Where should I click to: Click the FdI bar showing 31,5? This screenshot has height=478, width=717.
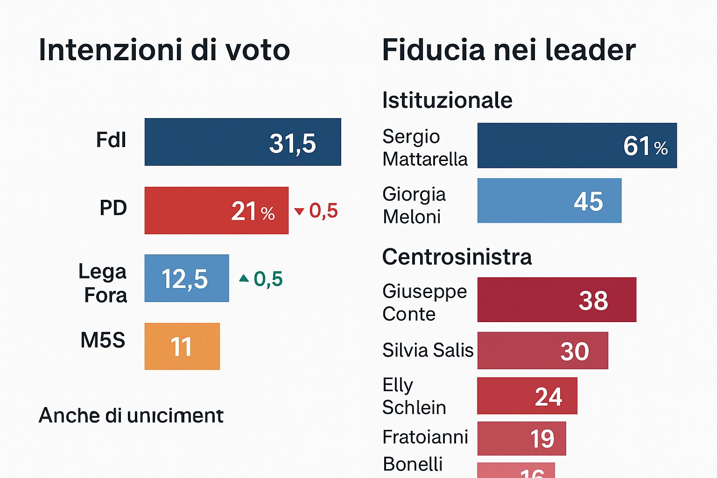click(x=243, y=142)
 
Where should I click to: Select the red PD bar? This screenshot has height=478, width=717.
click(x=216, y=211)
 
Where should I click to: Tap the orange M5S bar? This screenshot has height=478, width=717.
click(x=182, y=346)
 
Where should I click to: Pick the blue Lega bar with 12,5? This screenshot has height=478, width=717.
click(x=187, y=278)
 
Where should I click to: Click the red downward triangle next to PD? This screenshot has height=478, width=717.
click(x=299, y=211)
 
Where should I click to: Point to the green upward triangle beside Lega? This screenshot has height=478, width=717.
click(x=244, y=278)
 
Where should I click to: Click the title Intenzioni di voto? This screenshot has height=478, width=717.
click(x=164, y=50)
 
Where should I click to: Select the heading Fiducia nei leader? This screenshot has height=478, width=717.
click(x=509, y=50)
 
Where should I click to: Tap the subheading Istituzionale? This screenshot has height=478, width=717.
click(x=447, y=100)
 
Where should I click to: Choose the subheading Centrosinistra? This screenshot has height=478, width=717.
click(x=457, y=257)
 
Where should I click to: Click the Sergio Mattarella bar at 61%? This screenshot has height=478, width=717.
click(x=577, y=146)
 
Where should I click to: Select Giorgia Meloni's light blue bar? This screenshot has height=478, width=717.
click(x=549, y=201)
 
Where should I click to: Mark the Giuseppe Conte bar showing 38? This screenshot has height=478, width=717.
click(x=556, y=300)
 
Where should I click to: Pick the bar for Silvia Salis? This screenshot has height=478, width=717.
click(x=542, y=351)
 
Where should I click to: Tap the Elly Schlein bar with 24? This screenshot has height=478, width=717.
click(x=527, y=396)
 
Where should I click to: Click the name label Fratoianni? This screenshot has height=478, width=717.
click(x=425, y=437)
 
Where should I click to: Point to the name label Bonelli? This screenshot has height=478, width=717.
click(x=413, y=464)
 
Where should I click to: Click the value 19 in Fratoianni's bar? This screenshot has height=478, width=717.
click(x=542, y=439)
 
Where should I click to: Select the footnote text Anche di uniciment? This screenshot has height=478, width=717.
click(x=131, y=415)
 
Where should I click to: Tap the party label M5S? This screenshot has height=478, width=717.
click(x=103, y=340)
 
